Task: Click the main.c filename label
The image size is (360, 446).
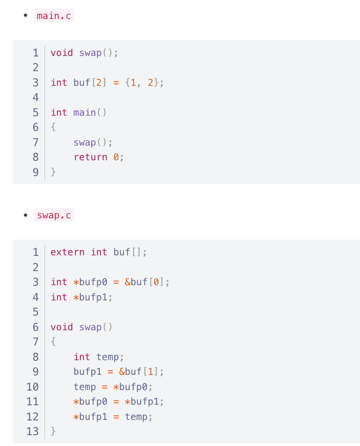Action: point(53,16)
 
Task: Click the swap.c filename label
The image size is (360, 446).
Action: point(53,215)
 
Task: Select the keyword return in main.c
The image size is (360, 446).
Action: point(90,157)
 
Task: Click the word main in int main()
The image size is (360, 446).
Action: point(84,112)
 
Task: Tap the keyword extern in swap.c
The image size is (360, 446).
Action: point(67,252)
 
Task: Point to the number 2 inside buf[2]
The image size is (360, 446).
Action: point(99,83)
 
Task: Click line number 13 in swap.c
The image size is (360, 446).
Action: point(33,431)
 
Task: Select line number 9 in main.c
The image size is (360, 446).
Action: point(35,172)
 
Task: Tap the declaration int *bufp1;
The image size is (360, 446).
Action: point(81,297)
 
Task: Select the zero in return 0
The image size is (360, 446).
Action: point(116,157)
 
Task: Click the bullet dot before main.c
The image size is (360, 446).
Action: point(26,16)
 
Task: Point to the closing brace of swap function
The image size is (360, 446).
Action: point(53,431)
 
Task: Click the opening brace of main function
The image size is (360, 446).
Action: point(53,128)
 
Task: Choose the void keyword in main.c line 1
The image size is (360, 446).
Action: point(61,53)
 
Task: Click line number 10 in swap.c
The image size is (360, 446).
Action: point(33,387)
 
